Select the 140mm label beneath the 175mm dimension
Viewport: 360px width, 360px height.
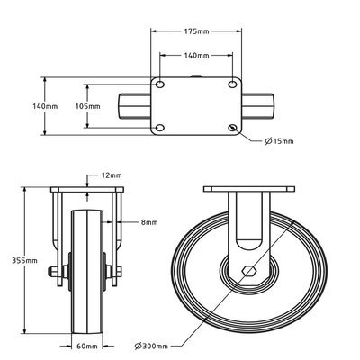coord(197,55)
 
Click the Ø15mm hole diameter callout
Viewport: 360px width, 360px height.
coord(281,141)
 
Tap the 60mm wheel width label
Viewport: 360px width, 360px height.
coord(86,345)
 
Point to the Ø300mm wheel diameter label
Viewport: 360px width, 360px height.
coord(153,345)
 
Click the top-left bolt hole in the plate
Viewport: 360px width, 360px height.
coord(160,85)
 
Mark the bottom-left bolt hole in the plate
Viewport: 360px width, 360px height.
coord(160,128)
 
